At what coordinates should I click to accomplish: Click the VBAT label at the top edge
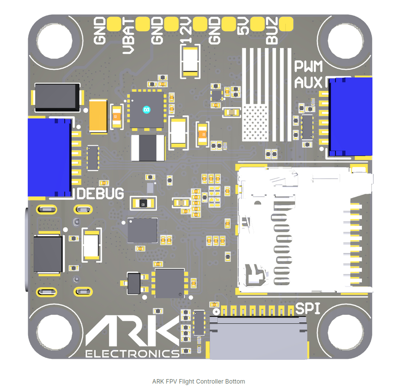tap(127, 35)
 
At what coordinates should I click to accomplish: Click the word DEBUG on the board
tap(101, 193)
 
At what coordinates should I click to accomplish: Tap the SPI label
tap(308, 309)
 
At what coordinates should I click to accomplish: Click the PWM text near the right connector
tap(308, 66)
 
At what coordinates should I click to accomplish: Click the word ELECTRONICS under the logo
tap(132, 353)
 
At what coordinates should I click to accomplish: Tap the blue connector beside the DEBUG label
tap(49, 157)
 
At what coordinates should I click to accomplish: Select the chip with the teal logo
tap(146, 109)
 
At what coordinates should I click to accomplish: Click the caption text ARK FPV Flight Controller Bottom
tap(198, 381)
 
